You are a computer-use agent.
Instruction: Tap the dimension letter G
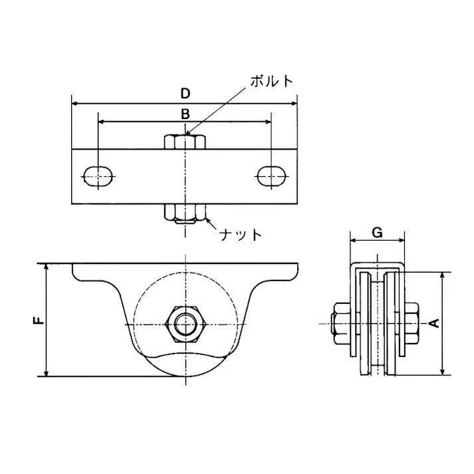[x=376, y=232]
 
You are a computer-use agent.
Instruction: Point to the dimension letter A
[x=435, y=324]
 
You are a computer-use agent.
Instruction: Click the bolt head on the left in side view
[x=339, y=324]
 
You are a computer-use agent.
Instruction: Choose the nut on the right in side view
[x=412, y=324]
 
